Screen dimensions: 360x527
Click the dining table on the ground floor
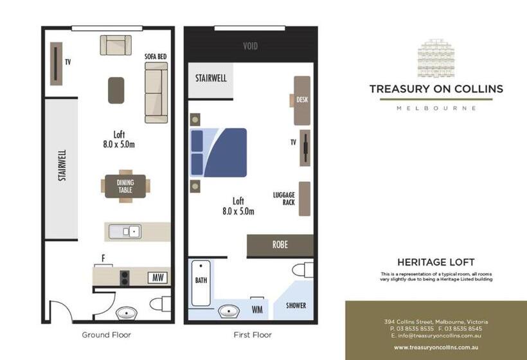click(x=125, y=186)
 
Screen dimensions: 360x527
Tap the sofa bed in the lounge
click(x=156, y=93)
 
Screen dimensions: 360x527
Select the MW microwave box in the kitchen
click(x=157, y=278)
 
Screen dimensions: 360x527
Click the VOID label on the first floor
click(x=250, y=46)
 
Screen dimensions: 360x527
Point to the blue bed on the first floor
click(x=219, y=152)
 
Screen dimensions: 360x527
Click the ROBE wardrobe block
click(x=280, y=245)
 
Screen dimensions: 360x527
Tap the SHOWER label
click(x=296, y=305)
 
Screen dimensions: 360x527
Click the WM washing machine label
click(x=257, y=310)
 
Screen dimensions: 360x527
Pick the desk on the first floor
click(x=302, y=100)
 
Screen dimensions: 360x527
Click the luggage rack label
click(x=284, y=199)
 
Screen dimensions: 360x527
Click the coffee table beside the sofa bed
click(x=116, y=90)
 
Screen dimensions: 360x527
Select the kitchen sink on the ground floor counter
click(x=124, y=231)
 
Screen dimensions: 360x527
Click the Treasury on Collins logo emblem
click(x=436, y=59)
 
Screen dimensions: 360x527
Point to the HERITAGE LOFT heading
click(x=436, y=262)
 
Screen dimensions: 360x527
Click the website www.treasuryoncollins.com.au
click(x=436, y=347)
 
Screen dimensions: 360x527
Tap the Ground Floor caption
click(x=107, y=335)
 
